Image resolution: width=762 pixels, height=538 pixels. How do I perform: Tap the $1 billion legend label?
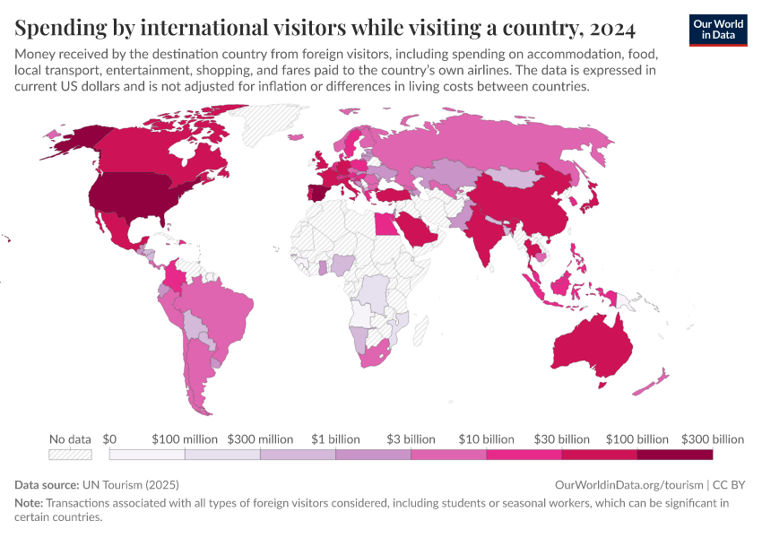tap(335, 439)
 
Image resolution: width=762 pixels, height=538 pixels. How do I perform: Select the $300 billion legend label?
tap(713, 439)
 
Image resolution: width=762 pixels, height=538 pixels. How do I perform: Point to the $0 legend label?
tap(109, 439)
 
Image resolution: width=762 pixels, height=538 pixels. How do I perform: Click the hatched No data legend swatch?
tap(70, 455)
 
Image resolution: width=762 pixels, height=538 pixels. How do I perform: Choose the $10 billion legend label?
tap(486, 439)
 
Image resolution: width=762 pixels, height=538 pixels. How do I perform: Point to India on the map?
tap(485, 234)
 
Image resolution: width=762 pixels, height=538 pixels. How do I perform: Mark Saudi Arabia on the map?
tap(418, 229)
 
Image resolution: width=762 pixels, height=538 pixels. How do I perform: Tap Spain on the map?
tap(319, 194)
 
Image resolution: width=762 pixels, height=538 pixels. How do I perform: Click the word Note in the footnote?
tap(28, 503)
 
